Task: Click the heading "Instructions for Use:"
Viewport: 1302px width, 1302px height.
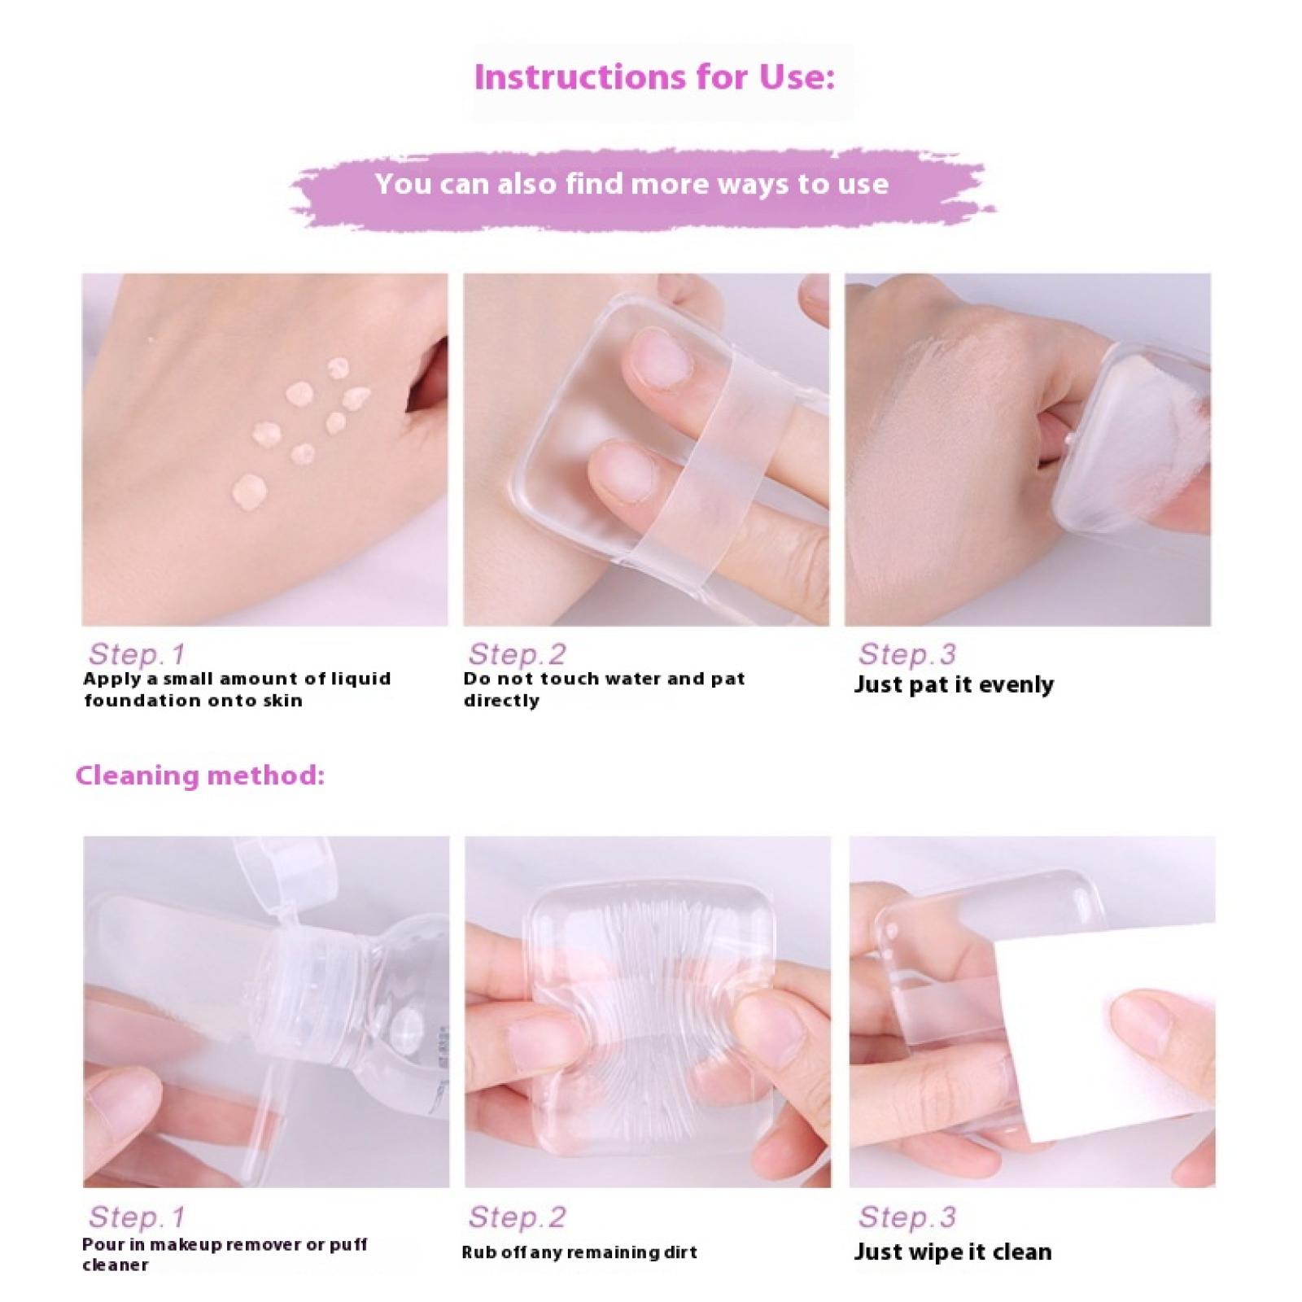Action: [x=654, y=77]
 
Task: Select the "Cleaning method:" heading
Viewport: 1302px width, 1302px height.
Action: [x=200, y=775]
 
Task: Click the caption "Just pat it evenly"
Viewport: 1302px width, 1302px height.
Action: [x=954, y=684]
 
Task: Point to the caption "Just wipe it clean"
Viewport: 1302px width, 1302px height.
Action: [x=953, y=1252]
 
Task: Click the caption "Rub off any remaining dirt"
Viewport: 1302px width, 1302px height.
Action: [x=579, y=1252]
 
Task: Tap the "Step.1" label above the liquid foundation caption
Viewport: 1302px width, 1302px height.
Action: [x=137, y=653]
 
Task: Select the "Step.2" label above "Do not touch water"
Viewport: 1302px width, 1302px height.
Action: [x=517, y=653]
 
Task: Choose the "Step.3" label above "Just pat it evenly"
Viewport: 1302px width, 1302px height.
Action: [x=907, y=653]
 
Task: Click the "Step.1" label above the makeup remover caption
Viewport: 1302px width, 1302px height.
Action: [x=137, y=1217]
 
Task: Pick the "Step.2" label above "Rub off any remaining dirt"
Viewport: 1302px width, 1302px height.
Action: [x=517, y=1217]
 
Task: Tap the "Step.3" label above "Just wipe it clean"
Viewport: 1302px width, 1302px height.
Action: [x=907, y=1217]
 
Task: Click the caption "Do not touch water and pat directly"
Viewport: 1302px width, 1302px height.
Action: [x=604, y=689]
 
